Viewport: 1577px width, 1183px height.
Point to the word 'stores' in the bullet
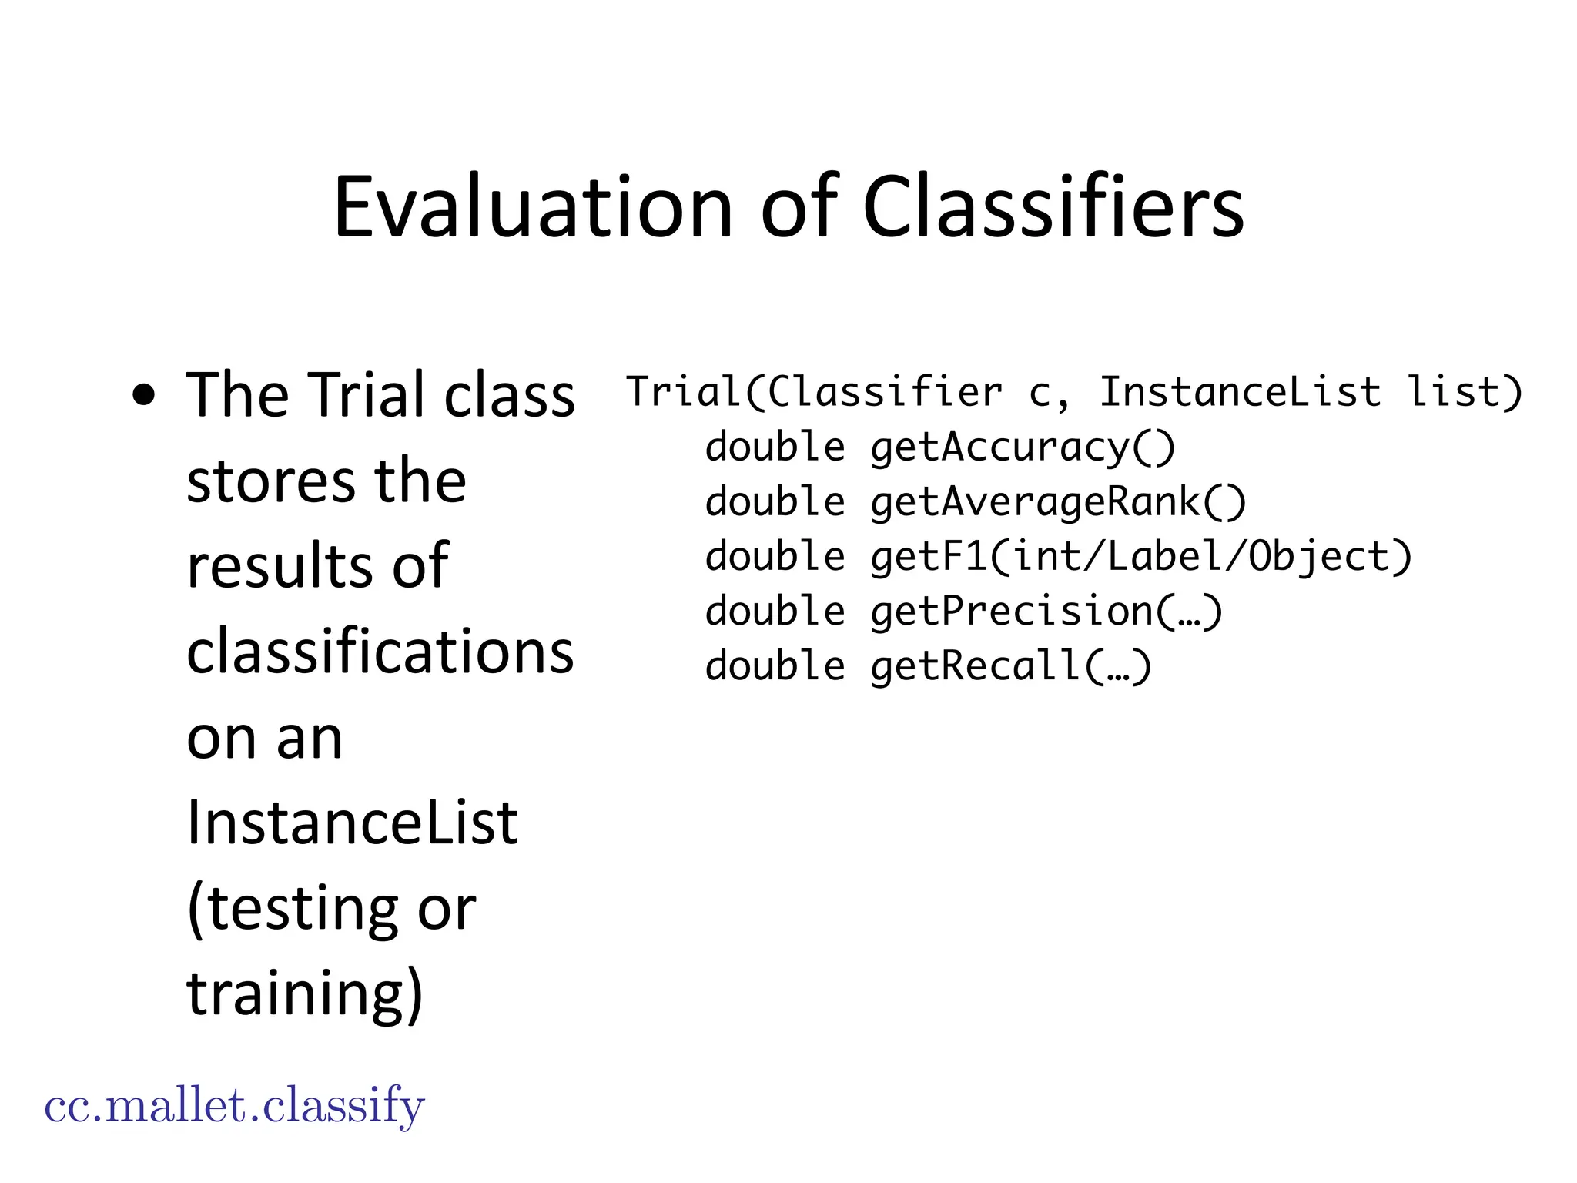pos(270,481)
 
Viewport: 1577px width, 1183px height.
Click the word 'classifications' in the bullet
pos(380,652)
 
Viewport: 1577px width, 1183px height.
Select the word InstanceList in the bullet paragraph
pos(353,823)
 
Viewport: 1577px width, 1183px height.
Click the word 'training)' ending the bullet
pos(305,994)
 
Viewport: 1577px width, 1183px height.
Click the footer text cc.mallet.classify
pos(234,1106)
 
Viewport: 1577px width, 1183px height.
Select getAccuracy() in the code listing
pos(1023,447)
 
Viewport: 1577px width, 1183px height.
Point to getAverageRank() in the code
pos(1058,501)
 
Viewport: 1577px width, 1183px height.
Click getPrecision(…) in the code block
pos(1046,611)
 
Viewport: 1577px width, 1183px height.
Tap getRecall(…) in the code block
pos(1011,665)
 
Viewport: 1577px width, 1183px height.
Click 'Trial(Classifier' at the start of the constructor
pos(815,392)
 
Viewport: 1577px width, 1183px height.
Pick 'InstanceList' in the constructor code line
pos(1240,392)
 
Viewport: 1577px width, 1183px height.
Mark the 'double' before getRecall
pos(775,665)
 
